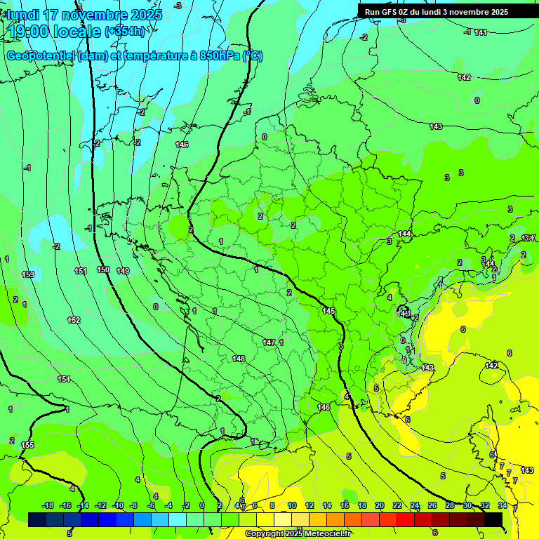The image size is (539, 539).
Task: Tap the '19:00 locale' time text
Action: coord(53,32)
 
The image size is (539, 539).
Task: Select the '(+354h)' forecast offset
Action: coord(126,32)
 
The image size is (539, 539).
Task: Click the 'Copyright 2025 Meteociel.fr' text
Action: coord(298,534)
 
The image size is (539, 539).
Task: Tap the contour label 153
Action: coord(28,274)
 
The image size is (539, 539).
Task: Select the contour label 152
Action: coord(74,320)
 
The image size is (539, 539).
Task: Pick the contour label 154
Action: coord(64,379)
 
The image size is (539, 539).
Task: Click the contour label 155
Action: coord(27,445)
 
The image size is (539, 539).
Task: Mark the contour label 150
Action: coord(103,269)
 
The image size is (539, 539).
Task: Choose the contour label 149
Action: coord(123,271)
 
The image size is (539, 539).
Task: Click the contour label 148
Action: coord(239,359)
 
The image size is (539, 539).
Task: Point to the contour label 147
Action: coord(269,342)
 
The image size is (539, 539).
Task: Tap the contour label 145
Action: coord(328,311)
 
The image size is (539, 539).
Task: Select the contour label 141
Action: coord(480,32)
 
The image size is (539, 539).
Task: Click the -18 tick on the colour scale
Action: coord(48,505)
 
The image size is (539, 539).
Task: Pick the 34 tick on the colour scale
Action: coord(503,505)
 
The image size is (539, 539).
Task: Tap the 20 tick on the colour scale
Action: coord(380,505)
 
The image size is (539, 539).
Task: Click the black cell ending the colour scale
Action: coord(493,519)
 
